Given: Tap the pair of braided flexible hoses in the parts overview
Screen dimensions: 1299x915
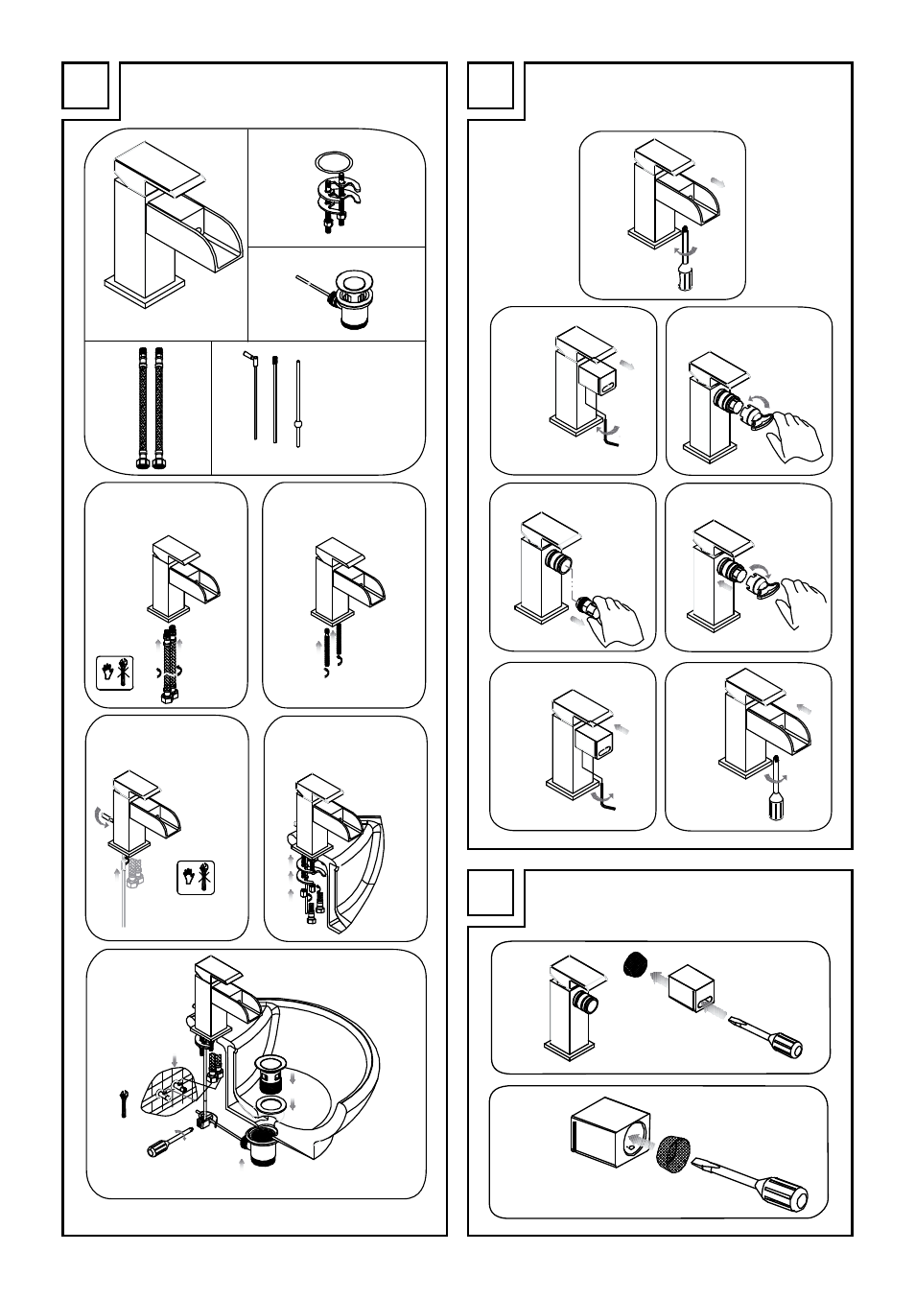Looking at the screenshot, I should point(149,407).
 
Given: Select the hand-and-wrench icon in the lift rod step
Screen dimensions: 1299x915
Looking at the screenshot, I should point(196,878).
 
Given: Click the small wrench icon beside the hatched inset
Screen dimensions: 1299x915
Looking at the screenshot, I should point(124,1104).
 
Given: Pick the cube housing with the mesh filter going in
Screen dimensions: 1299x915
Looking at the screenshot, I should point(610,1139).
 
